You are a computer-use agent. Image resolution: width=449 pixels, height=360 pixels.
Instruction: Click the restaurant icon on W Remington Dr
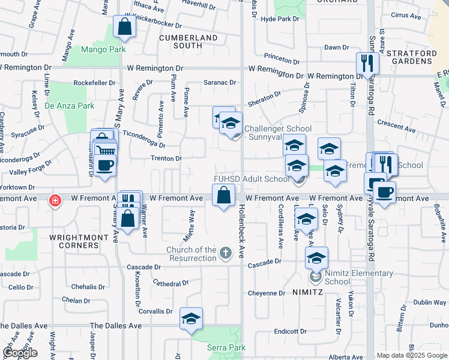coord(366,63)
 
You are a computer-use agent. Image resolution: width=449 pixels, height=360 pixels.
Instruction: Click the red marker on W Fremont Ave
coord(55,200)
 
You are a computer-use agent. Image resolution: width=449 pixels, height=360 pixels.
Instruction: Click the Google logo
coord(20,353)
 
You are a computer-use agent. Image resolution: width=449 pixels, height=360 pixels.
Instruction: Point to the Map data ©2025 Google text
coord(411,355)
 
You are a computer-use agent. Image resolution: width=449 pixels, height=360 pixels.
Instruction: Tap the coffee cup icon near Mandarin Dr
coord(105,166)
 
